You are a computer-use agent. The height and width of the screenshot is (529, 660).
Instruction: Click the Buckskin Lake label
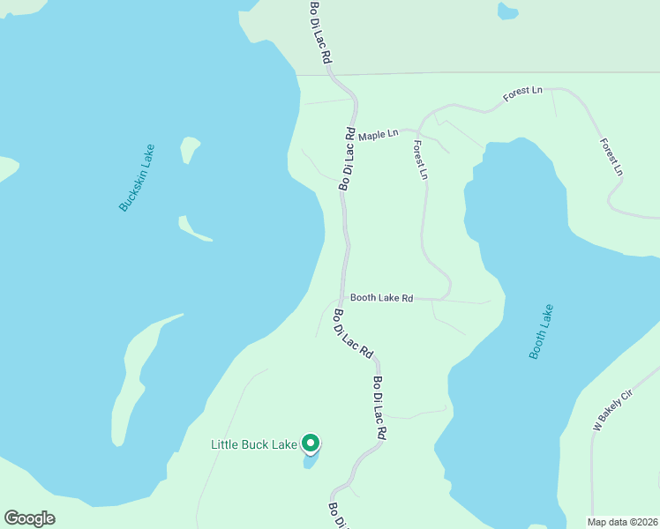coord(137,177)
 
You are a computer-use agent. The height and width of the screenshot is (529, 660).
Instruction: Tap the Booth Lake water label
coord(541,332)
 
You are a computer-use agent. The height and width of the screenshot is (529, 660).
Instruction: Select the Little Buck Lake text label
coord(253,444)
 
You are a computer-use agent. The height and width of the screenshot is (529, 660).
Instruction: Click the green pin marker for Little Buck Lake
coord(310,443)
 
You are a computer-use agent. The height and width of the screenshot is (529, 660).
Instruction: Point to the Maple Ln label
coord(378,133)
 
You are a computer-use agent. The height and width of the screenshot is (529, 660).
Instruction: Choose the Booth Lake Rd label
coord(381,298)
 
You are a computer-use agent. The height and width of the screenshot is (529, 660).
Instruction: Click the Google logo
coord(29,518)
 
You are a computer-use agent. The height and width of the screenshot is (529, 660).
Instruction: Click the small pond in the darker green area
coord(507,11)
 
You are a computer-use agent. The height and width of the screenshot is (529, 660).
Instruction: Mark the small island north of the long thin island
coord(189,147)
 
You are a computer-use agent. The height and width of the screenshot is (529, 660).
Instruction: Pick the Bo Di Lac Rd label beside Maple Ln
coord(347,159)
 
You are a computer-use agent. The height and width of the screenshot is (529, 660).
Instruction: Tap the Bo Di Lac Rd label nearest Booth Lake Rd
coord(352,333)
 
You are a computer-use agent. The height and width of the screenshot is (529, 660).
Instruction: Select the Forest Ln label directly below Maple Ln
coord(420,160)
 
